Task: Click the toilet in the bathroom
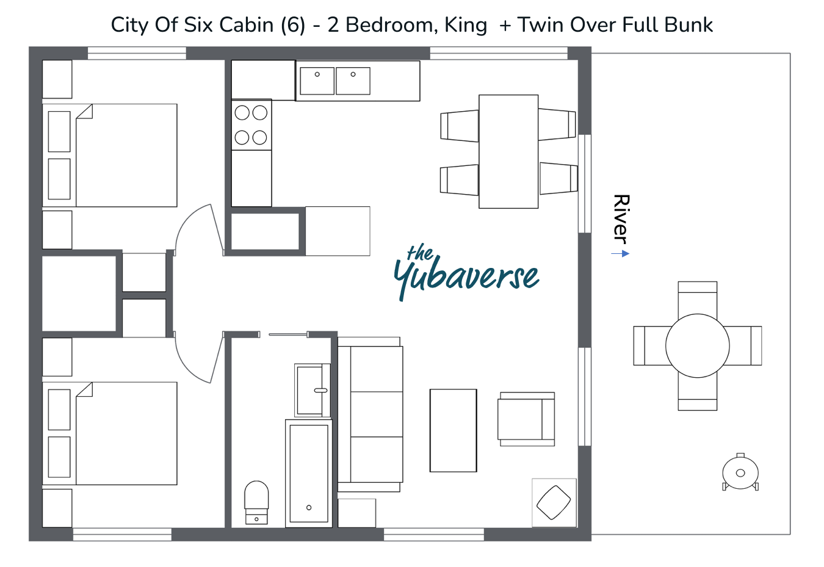click(x=256, y=502)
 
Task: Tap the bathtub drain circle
click(x=309, y=508)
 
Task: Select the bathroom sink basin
click(x=309, y=391)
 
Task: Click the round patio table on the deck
click(x=698, y=345)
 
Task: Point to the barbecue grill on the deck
click(x=740, y=472)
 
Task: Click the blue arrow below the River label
click(x=620, y=253)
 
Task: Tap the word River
click(x=621, y=219)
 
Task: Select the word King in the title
click(x=466, y=26)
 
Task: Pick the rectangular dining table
click(x=508, y=151)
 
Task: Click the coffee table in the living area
click(x=453, y=430)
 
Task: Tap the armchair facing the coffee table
click(x=526, y=419)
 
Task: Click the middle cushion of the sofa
click(x=377, y=414)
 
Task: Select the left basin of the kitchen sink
click(x=317, y=81)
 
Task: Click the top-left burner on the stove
click(x=242, y=113)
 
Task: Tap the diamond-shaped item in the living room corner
click(x=554, y=503)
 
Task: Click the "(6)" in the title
click(x=293, y=26)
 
